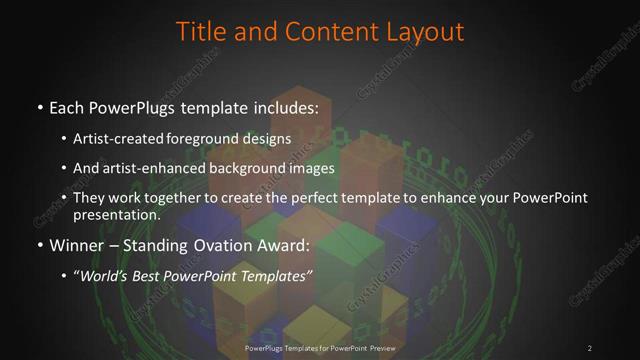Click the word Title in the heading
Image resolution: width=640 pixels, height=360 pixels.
[x=200, y=31]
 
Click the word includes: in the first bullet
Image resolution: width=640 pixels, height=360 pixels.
[x=285, y=107]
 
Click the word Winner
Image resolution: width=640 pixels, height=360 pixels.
[x=72, y=243]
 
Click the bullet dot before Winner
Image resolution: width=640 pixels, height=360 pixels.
[x=39, y=243]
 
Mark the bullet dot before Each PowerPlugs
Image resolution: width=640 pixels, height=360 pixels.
[x=39, y=107]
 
